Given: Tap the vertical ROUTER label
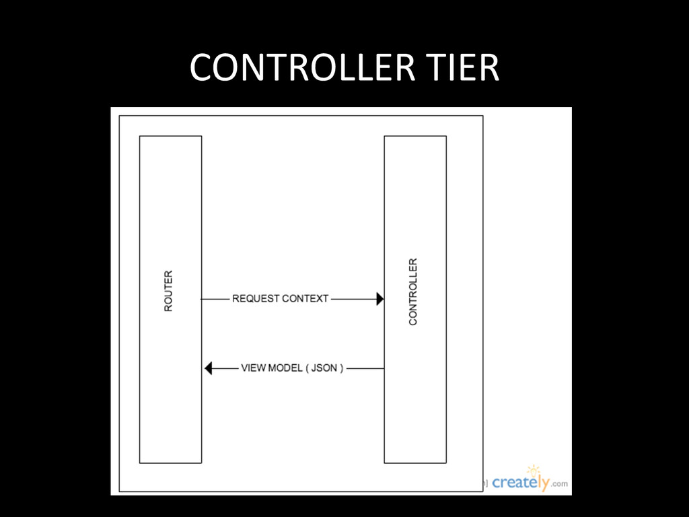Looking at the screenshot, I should click(168, 291).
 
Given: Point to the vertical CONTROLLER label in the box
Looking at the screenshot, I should click(413, 291).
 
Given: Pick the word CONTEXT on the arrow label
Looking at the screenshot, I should click(305, 298).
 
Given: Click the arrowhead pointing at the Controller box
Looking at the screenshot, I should click(380, 298).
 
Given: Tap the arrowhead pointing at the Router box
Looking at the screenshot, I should click(208, 368).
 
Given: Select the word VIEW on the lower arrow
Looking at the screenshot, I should click(253, 368).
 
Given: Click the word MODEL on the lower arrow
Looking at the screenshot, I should click(285, 368).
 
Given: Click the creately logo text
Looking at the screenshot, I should click(521, 483).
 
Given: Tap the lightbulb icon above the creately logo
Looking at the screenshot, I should click(534, 470).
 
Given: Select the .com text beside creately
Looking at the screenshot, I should click(560, 484).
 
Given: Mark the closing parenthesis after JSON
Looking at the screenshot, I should click(341, 368).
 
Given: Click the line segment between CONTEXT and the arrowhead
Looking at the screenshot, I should click(353, 298).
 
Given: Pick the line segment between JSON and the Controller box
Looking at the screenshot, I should click(365, 368).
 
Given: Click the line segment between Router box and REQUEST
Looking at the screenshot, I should click(215, 298).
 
